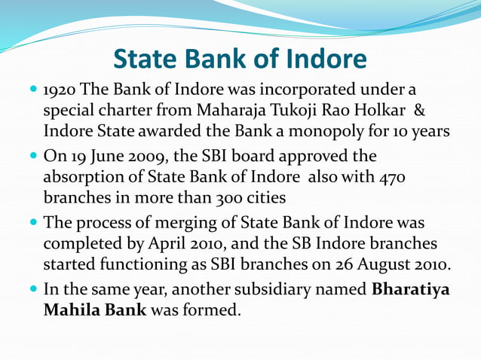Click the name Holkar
380,111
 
